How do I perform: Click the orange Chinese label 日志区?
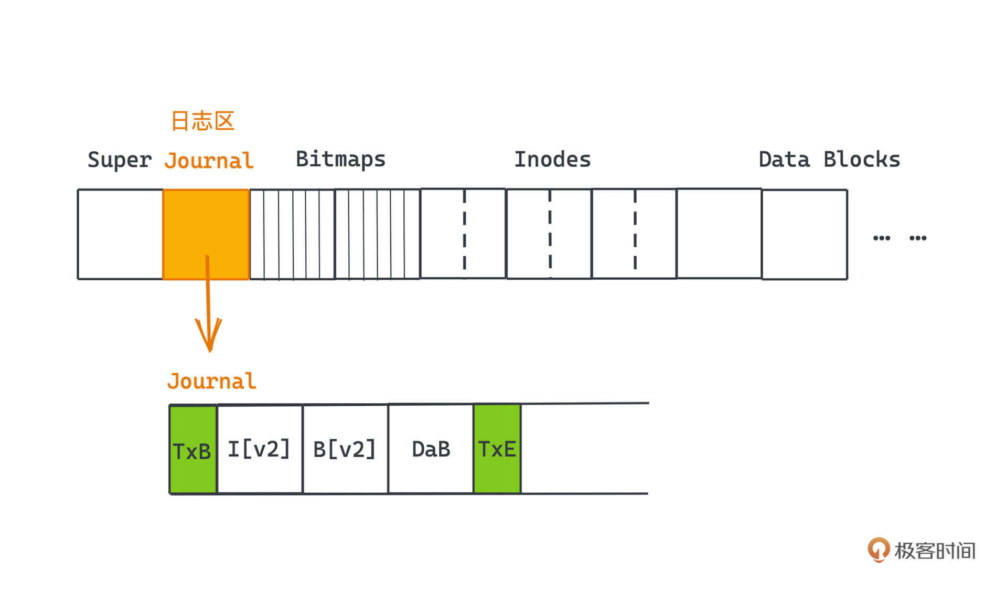202,121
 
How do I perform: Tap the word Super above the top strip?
120,160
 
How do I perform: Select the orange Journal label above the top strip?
209,161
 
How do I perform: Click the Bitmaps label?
340,159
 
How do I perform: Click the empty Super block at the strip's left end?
120,234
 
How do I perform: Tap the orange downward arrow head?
209,336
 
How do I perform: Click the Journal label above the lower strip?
211,381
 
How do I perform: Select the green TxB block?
193,450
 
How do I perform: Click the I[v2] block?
260,449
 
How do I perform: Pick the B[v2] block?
345,449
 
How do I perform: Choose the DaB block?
431,449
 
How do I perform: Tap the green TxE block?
497,449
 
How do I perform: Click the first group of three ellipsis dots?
881,238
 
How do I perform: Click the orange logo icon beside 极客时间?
879,550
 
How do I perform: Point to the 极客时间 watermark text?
935,551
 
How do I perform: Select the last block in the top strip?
805,234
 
